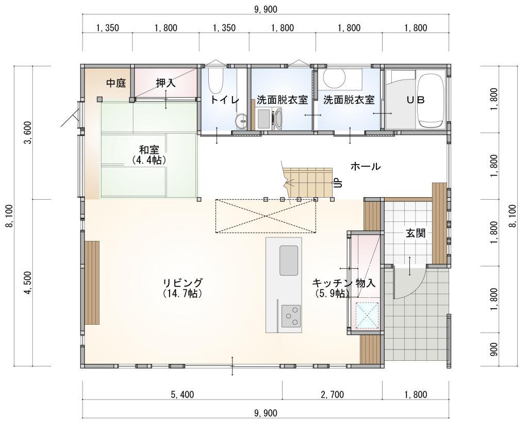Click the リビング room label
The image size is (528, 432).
pyautogui.click(x=183, y=282)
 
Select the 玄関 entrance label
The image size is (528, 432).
pyautogui.click(x=416, y=233)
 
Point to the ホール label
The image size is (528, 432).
pyautogui.click(x=365, y=166)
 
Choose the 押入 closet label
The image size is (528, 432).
pyautogui.click(x=166, y=83)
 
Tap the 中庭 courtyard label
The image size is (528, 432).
pyautogui.click(x=116, y=83)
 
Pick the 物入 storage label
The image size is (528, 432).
pyautogui.click(x=365, y=283)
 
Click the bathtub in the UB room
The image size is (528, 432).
pyautogui.click(x=431, y=100)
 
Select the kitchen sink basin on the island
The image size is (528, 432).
pyautogui.click(x=289, y=260)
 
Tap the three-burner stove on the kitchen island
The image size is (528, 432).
pyautogui.click(x=291, y=315)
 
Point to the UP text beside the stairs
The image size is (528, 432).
pyautogui.click(x=338, y=183)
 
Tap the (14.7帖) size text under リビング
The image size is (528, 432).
pyautogui.click(x=183, y=293)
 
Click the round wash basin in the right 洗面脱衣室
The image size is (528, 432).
pyautogui.click(x=334, y=78)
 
